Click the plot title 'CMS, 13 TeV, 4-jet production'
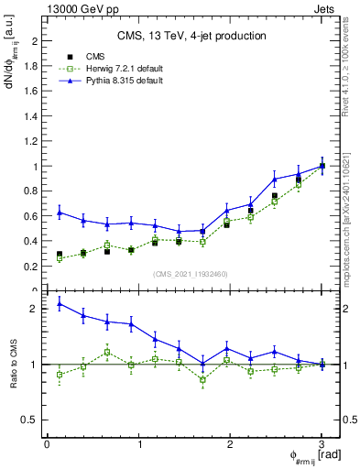(x=191, y=37)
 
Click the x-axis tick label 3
(x=322, y=444)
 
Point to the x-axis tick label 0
(x=47, y=444)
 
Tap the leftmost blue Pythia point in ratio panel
(x=60, y=303)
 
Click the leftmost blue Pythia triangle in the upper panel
(x=60, y=213)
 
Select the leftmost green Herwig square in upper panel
(x=60, y=258)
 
